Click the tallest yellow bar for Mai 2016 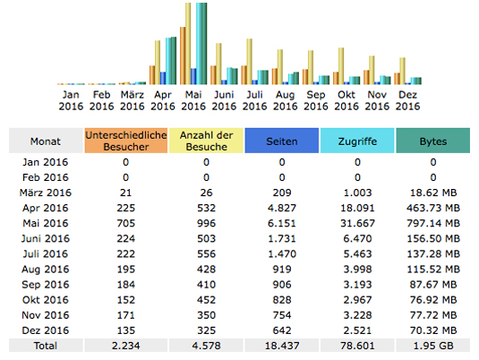pos(188,43)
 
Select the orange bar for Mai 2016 pos(183,56)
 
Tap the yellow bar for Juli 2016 pos(249,62)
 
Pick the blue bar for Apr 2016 pos(163,78)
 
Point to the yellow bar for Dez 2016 pos(403,71)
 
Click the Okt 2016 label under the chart pos(346,100)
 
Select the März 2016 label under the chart pos(132,100)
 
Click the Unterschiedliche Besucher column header pos(126,141)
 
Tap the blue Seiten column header pos(282,141)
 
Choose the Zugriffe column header pos(357,141)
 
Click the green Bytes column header pos(432,141)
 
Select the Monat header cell pos(46,141)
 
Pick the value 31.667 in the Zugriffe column pos(357,223)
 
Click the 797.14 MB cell pos(432,223)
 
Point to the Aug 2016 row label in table pos(46,270)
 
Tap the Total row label pos(46,346)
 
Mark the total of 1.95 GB pos(432,346)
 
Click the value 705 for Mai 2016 pos(126,223)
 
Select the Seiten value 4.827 pos(282,208)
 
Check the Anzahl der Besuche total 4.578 pos(206,346)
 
